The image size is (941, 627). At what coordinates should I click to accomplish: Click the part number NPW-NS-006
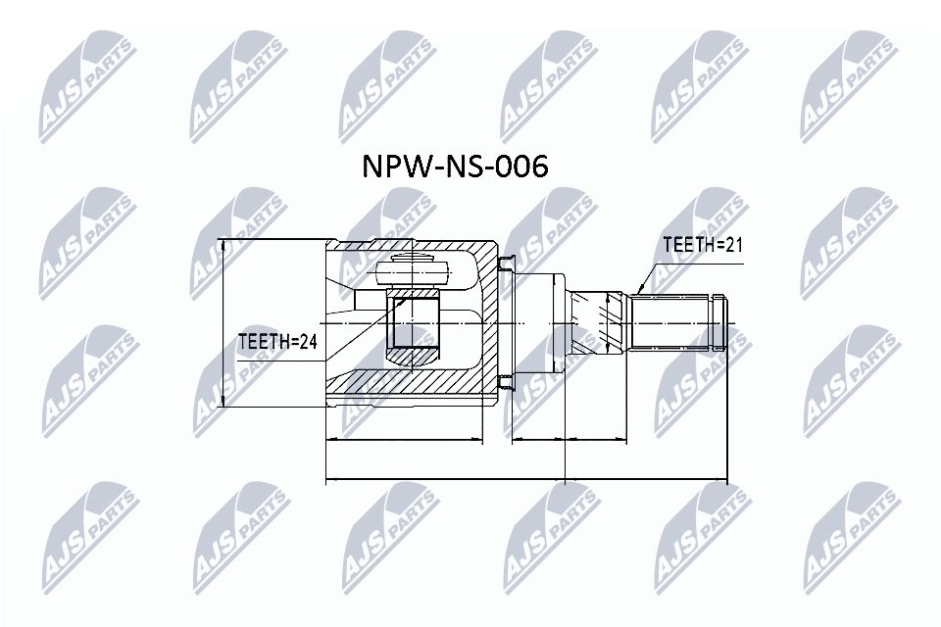click(x=456, y=168)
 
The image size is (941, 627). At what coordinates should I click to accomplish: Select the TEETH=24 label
click(x=278, y=342)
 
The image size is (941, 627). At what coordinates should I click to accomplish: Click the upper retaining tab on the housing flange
click(x=505, y=263)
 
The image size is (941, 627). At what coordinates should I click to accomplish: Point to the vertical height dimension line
click(x=224, y=323)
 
